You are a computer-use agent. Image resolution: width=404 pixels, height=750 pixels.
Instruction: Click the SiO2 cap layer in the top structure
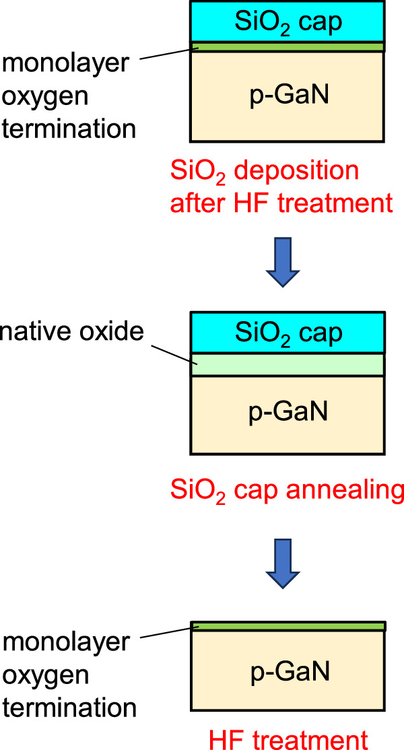tap(288, 22)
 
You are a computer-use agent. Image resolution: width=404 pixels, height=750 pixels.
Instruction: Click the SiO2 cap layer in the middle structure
tap(288, 332)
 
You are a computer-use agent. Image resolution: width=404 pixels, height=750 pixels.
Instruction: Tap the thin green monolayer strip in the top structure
tap(288, 47)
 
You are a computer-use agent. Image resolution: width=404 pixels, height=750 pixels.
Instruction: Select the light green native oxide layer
tap(288, 364)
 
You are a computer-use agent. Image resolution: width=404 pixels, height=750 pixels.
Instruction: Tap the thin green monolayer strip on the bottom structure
tap(288, 626)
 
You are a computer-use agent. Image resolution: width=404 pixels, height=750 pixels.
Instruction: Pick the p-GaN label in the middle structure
tap(288, 411)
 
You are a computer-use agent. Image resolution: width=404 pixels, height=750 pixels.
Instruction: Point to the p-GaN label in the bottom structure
tap(288, 674)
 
